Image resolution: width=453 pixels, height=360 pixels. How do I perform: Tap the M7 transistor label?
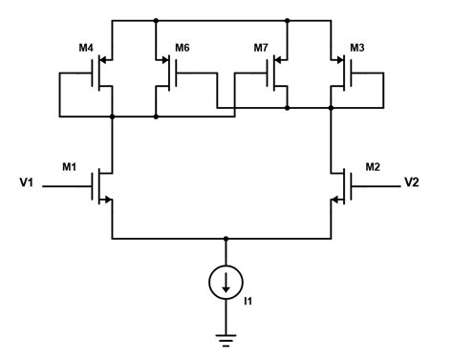pyautogui.click(x=260, y=48)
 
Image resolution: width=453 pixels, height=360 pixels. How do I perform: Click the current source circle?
pyautogui.click(x=226, y=281)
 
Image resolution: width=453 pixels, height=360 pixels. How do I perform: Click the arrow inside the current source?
pyautogui.click(x=226, y=282)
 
